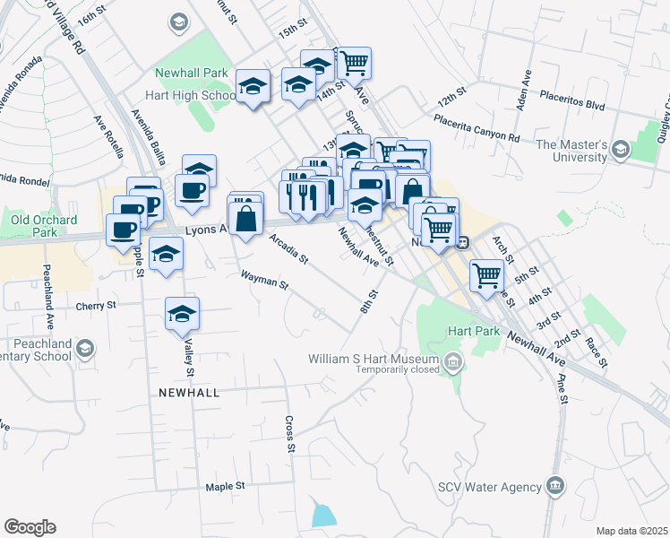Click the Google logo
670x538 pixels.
(30, 527)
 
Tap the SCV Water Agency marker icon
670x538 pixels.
(555, 486)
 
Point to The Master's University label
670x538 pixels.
(585, 151)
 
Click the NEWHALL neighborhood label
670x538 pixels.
(189, 393)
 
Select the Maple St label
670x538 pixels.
(225, 487)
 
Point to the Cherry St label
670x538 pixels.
(97, 305)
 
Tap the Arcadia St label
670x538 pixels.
(288, 249)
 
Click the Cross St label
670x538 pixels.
(289, 435)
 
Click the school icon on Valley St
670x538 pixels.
(182, 314)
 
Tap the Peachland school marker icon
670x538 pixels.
(86, 347)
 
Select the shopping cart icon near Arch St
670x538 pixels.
(486, 274)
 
